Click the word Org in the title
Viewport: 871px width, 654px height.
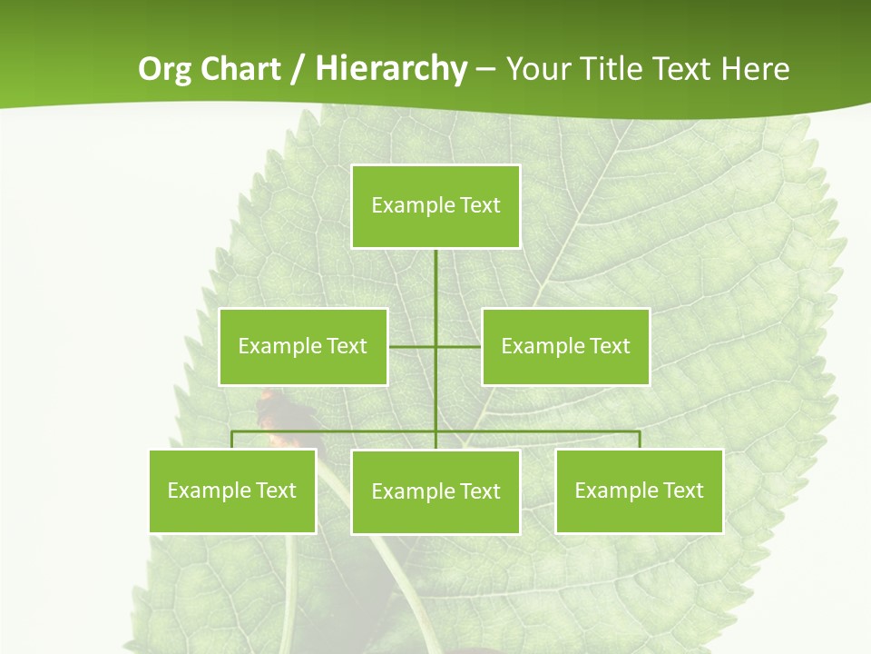[164, 70]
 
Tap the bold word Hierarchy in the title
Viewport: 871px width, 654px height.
[391, 70]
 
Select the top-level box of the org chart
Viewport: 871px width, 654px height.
[435, 206]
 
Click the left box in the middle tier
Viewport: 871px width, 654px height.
[303, 346]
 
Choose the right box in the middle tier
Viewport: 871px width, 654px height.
[565, 346]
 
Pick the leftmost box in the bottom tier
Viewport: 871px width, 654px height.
[232, 490]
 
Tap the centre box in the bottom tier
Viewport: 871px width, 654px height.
[435, 491]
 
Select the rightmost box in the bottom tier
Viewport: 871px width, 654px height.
[639, 490]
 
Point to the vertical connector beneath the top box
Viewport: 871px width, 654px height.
[435, 282]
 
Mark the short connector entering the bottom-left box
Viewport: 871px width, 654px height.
[232, 441]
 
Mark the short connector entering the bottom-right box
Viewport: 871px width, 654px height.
[639, 441]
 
